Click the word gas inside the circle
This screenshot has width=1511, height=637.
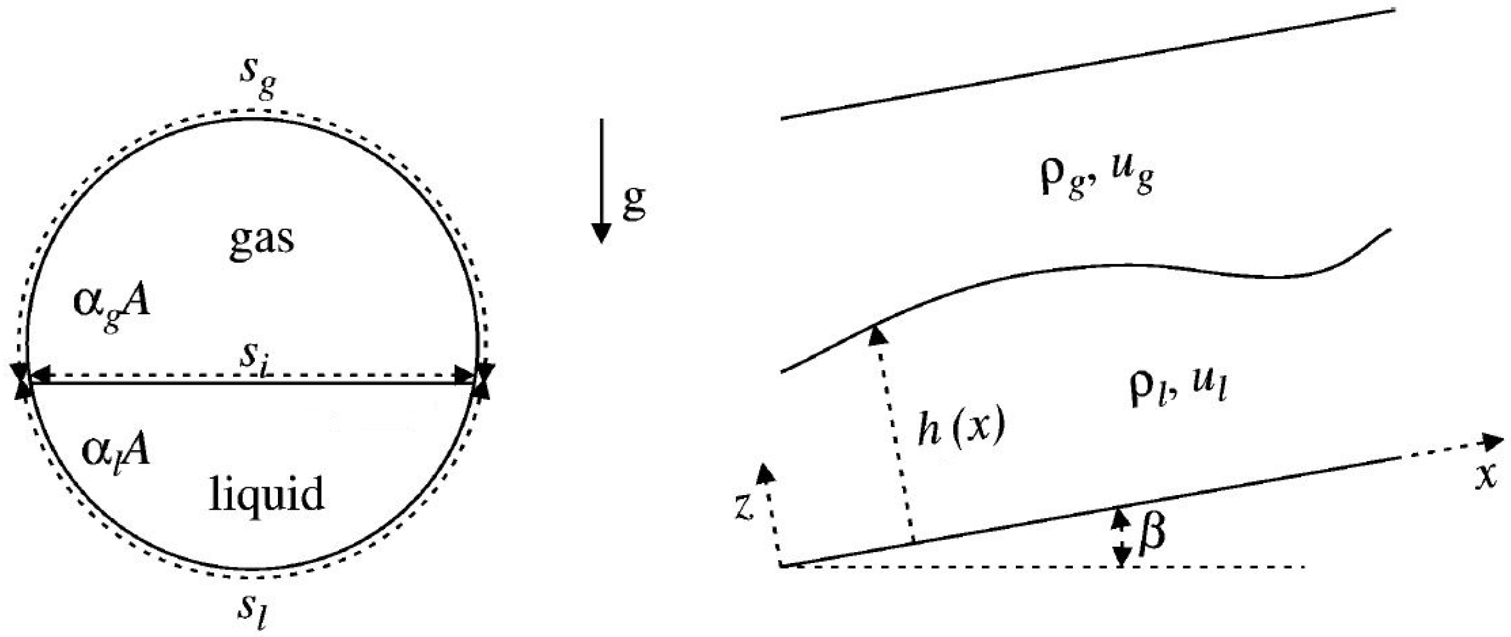point(262,240)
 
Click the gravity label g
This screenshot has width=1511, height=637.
point(634,202)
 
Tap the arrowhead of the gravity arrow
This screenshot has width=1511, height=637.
point(601,234)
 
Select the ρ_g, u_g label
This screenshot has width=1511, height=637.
point(1096,177)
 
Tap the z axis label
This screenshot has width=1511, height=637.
point(745,507)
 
